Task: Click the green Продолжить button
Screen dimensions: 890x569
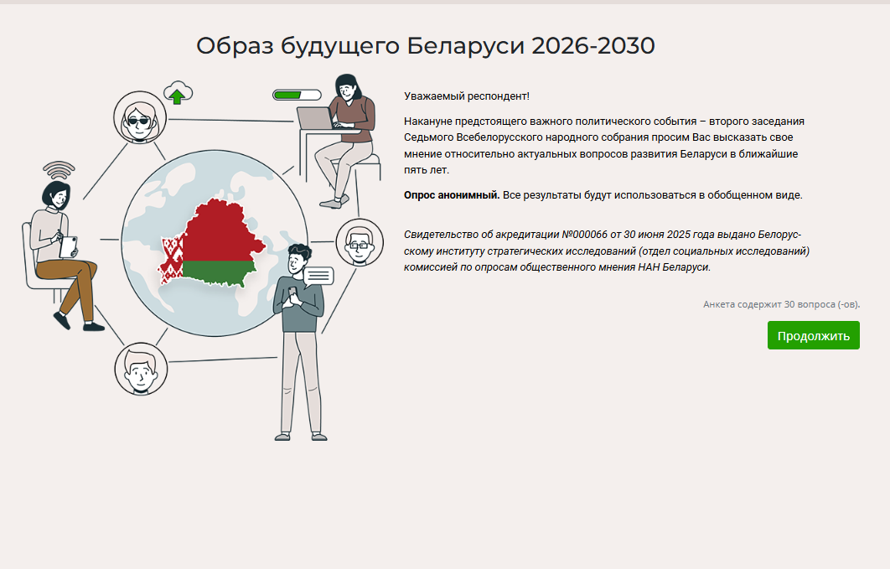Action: (814, 335)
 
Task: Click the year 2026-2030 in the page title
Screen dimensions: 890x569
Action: (593, 46)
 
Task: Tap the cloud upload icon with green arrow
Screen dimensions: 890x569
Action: (178, 93)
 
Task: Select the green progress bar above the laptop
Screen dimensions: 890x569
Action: (297, 95)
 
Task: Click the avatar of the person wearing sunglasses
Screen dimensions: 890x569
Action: (140, 117)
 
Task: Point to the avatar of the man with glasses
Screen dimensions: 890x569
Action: (360, 242)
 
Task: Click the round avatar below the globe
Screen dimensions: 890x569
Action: (141, 369)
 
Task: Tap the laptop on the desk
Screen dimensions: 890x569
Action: (316, 118)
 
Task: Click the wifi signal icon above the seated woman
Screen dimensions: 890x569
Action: (59, 169)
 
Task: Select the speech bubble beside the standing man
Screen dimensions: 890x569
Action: (318, 277)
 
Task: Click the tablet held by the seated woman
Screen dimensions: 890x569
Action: (69, 246)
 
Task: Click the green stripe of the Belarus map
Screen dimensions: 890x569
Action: (219, 273)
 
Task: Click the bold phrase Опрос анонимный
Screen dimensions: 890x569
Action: (452, 195)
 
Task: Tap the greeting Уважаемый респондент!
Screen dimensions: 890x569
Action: (467, 96)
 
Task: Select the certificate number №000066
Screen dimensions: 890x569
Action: (585, 235)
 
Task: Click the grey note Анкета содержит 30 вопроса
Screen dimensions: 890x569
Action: (782, 305)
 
